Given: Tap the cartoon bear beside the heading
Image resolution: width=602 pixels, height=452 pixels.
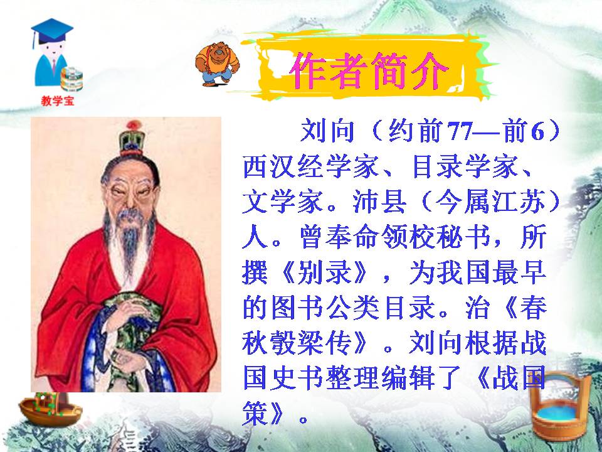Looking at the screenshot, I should point(217,65).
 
